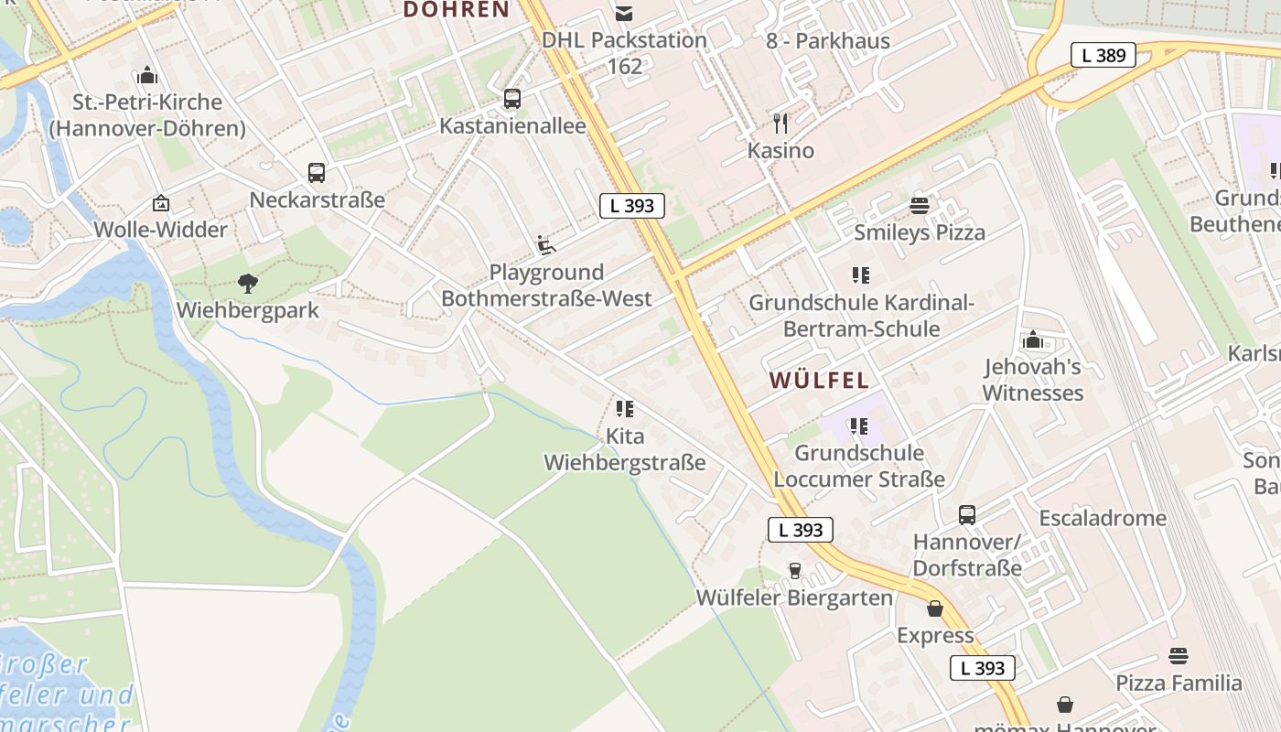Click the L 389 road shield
[x=1103, y=55]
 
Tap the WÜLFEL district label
[x=819, y=380]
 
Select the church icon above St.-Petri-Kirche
[x=147, y=75]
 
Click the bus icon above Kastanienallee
[x=512, y=98]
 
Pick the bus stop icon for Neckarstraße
[x=317, y=172]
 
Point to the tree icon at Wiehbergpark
[x=248, y=283]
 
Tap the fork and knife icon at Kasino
[x=780, y=123]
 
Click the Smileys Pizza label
[x=920, y=232]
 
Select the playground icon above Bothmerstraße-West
[x=546, y=244]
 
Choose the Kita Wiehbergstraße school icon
[x=625, y=408]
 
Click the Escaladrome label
[x=1103, y=519]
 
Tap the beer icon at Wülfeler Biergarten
[x=794, y=571]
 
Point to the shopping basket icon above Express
[x=935, y=608]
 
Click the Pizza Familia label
[x=1179, y=683]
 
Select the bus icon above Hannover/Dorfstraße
[x=967, y=515]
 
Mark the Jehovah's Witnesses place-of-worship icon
[x=1034, y=340]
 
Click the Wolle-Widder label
[x=161, y=230]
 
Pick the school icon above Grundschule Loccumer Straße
[x=858, y=425]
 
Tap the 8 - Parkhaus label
[x=828, y=40]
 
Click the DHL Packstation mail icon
[x=624, y=13]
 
